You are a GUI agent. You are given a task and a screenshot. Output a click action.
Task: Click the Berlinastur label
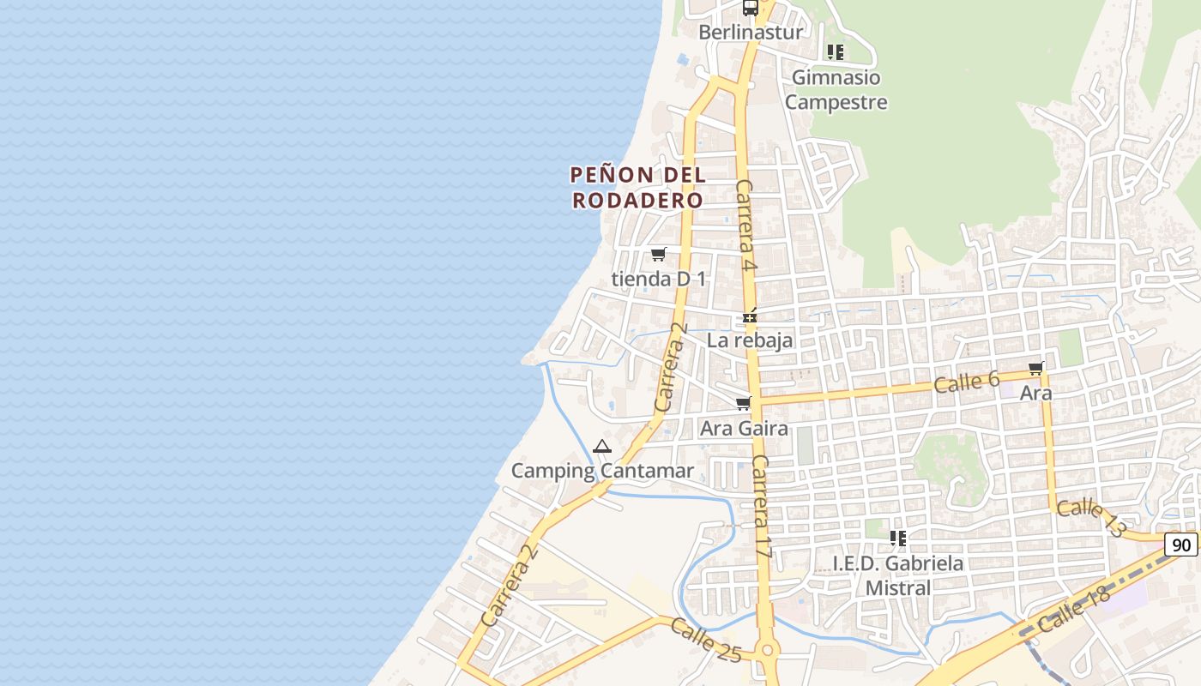751,33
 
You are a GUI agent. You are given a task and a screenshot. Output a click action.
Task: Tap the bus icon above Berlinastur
751,9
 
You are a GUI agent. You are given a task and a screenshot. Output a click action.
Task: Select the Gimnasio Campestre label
836,90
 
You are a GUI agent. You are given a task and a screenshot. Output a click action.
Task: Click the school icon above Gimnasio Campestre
836,52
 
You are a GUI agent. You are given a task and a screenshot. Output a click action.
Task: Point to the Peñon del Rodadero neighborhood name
637,188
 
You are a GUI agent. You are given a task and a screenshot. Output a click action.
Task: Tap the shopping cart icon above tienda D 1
658,254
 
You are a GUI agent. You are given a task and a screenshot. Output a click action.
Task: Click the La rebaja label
750,340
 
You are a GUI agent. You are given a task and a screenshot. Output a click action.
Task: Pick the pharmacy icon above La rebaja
751,317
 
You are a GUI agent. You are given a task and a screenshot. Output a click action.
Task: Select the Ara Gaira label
744,428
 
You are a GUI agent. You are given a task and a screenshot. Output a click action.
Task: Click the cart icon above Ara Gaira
744,403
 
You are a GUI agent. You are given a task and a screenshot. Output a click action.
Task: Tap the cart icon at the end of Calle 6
1036,369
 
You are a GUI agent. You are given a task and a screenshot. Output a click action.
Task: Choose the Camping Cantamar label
602,471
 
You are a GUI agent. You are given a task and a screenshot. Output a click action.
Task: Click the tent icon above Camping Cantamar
602,447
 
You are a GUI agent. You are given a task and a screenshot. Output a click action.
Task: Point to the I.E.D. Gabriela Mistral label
898,575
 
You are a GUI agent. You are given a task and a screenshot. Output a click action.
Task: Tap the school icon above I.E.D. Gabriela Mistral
898,539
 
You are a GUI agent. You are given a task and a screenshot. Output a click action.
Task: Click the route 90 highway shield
1181,545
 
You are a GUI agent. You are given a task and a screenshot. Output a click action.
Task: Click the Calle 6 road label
967,382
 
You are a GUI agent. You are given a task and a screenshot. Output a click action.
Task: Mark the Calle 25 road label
705,641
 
